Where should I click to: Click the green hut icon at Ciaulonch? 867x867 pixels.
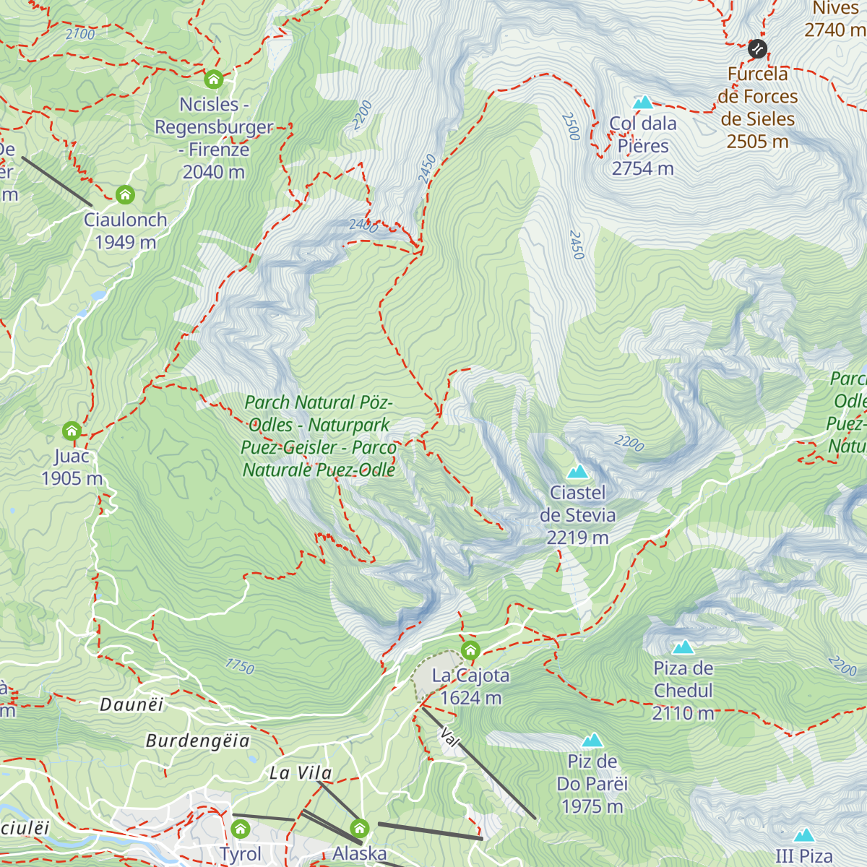coord(125,194)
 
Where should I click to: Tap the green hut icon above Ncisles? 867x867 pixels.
coord(213,79)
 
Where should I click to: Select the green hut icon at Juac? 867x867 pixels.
coord(72,431)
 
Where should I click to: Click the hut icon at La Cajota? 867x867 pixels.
coord(470,650)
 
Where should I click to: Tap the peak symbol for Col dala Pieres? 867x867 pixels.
coord(642,103)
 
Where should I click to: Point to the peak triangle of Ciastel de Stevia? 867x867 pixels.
coord(577,473)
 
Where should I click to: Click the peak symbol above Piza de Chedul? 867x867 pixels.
coord(683,647)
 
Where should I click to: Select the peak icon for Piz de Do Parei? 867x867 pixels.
coord(592,741)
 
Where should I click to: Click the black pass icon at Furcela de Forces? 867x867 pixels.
coord(756,48)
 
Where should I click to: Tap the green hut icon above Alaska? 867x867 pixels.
coord(359,828)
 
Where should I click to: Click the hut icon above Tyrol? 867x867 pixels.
coord(240,828)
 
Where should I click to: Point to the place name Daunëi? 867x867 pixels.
coord(131,704)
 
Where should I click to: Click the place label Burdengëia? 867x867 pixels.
coord(197,741)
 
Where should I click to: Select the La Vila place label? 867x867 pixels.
coord(301,773)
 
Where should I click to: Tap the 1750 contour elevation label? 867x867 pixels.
coord(240,665)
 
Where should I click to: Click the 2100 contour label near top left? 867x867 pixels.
coord(79,34)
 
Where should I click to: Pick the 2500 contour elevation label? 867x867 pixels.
coord(571,126)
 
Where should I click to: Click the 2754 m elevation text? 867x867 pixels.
coord(642,168)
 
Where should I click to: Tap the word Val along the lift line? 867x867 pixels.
coord(449,738)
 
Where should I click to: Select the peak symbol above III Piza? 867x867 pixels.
coord(803,836)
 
